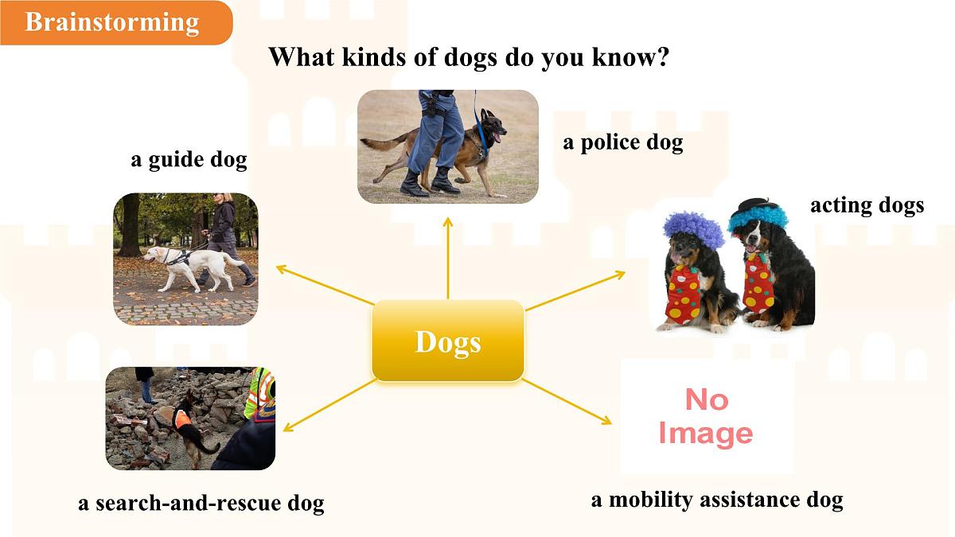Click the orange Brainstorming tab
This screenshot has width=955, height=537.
(112, 22)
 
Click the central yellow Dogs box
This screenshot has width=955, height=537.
(448, 341)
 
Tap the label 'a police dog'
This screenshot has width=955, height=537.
(622, 143)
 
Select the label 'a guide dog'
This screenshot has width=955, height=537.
(189, 160)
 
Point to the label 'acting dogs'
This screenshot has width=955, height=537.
(867, 205)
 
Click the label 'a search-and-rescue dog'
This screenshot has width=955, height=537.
(201, 504)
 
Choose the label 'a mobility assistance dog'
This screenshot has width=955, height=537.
(716, 500)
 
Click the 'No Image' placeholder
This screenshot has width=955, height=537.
(706, 416)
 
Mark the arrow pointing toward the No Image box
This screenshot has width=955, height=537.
(567, 401)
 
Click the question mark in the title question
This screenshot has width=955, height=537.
(660, 58)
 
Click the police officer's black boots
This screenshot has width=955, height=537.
(430, 183)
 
